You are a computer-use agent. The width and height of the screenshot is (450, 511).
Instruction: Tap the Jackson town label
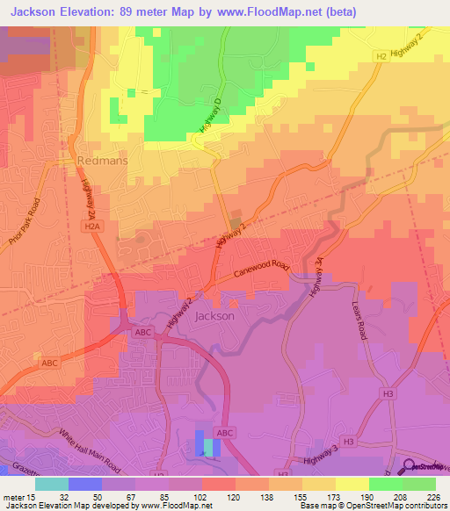pos(214,315)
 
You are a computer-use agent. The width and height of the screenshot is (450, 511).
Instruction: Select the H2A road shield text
pos(93,225)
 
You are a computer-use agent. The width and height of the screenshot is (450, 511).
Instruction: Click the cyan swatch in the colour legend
pos(52,483)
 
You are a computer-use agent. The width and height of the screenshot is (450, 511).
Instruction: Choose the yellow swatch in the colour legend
pos(352,483)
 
